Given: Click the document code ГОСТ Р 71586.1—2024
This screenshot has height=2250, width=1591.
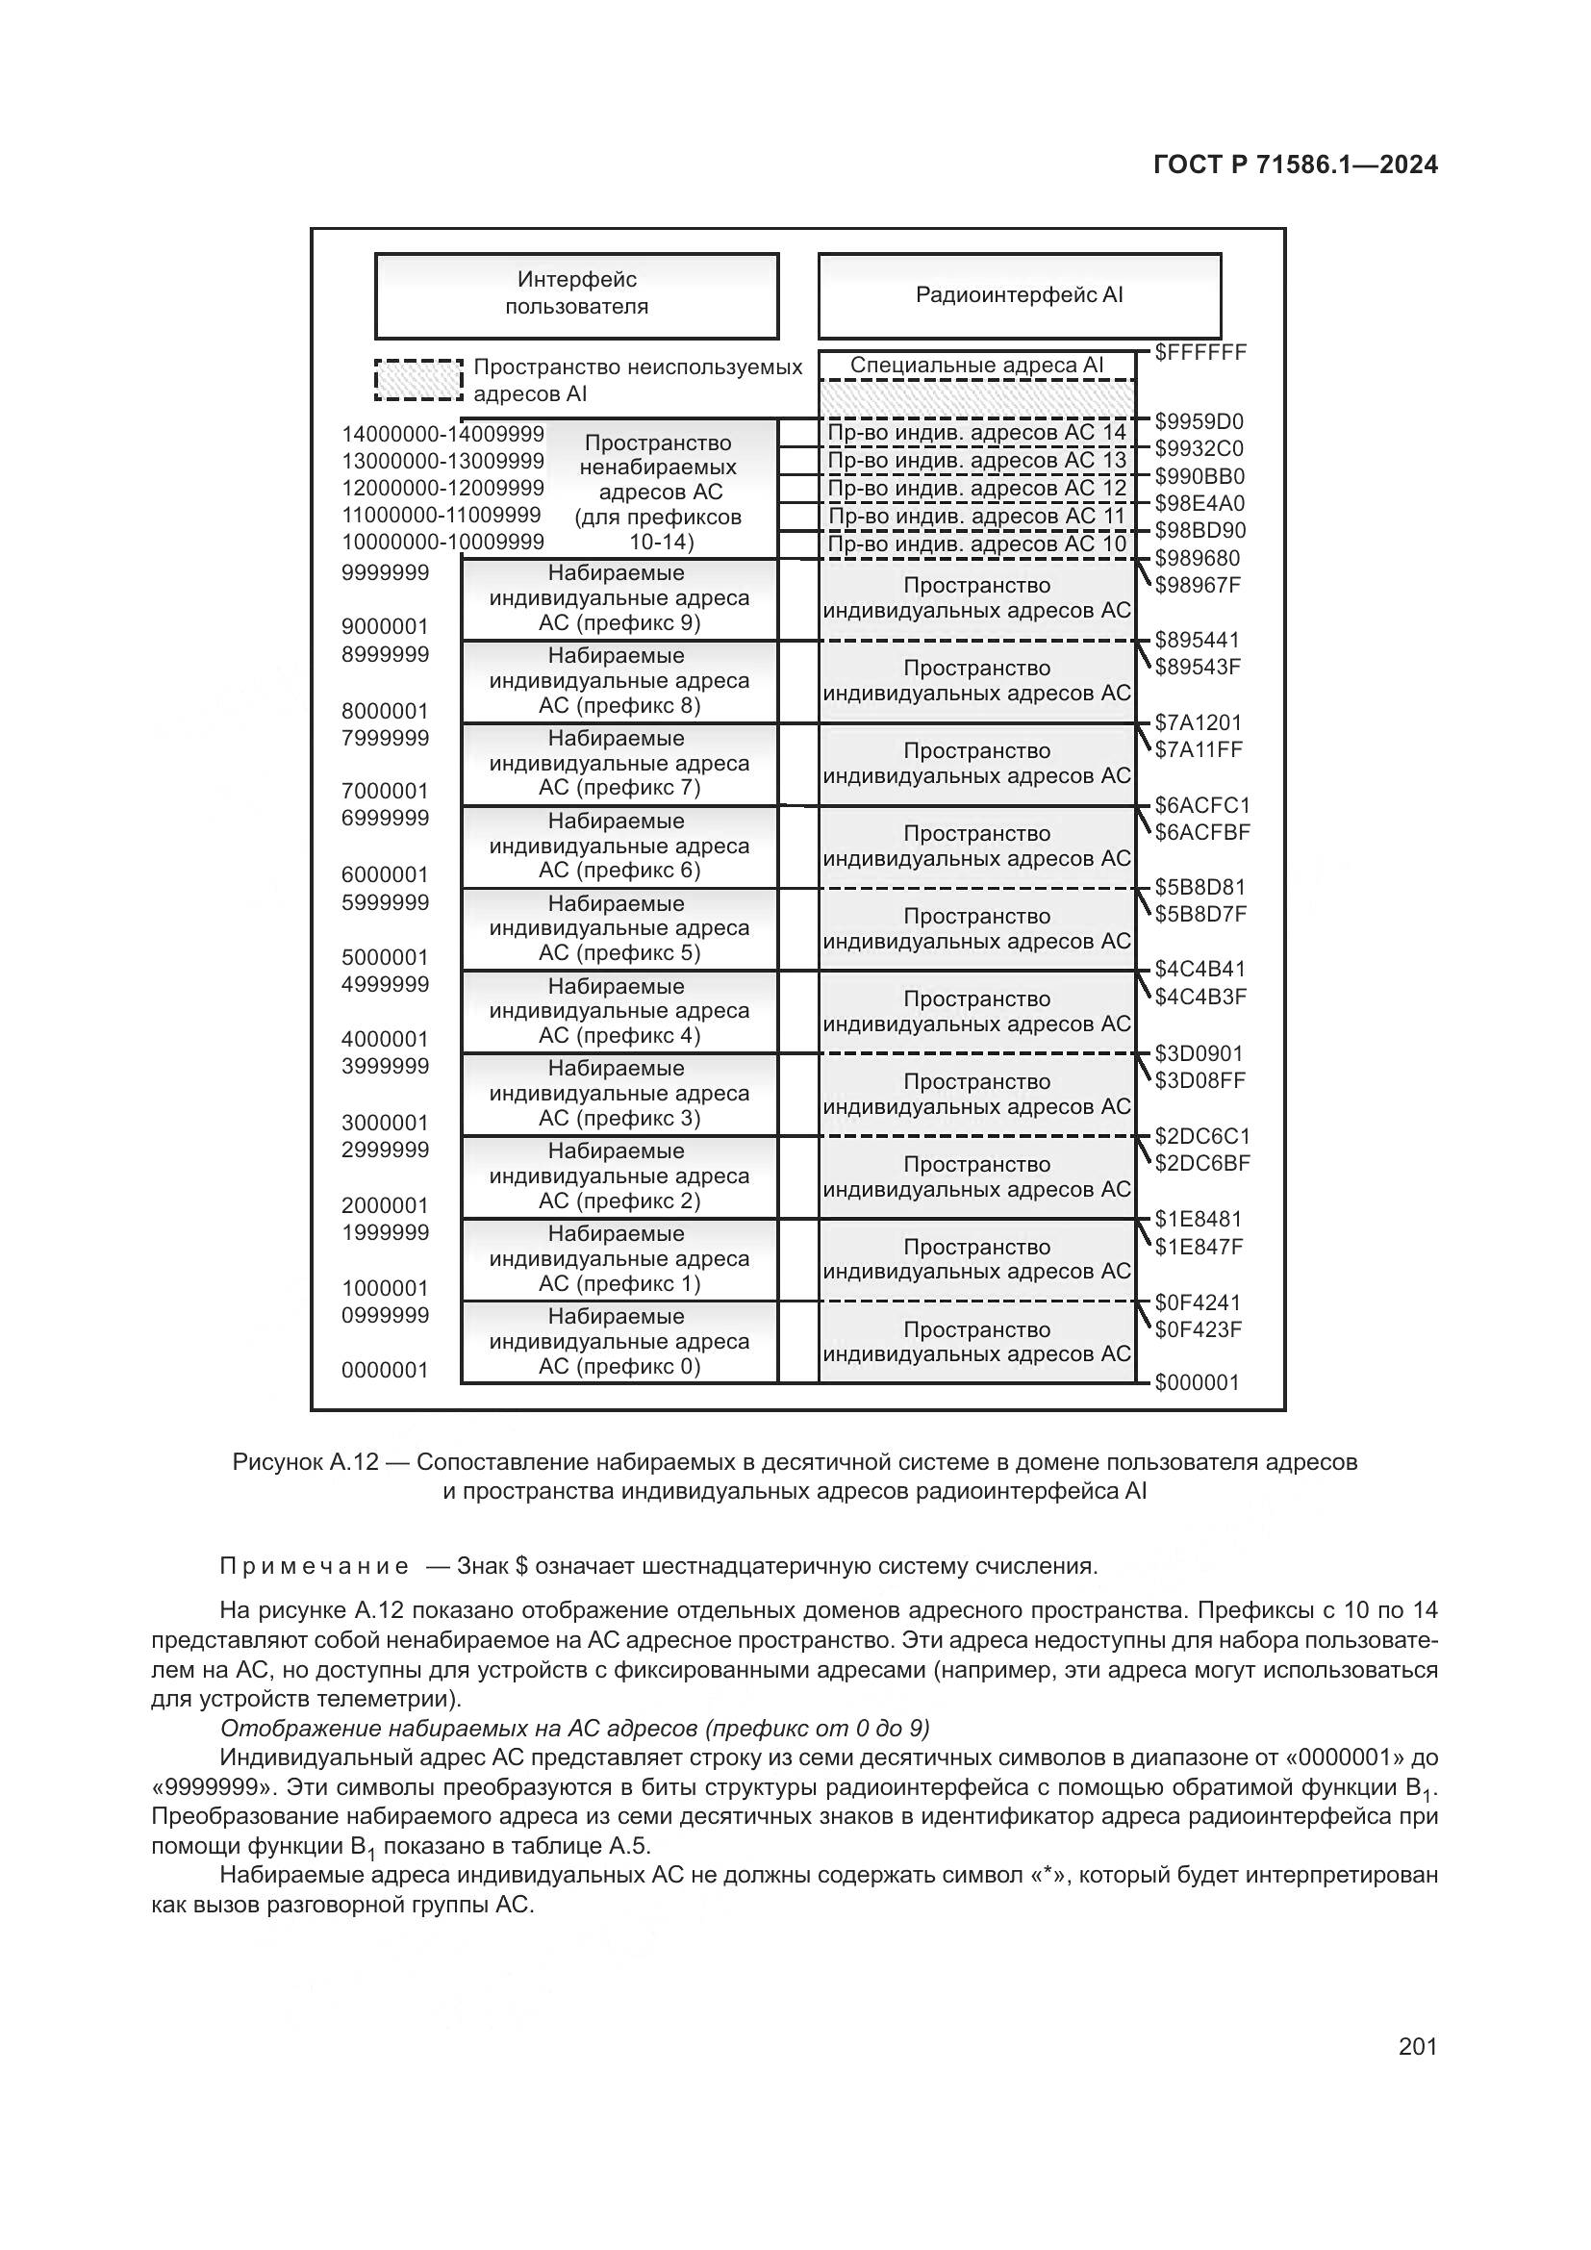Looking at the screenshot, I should click(1295, 164).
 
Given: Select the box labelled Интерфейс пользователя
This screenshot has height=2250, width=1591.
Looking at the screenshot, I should click(576, 294).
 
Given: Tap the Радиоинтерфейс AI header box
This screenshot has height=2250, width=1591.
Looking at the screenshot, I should click(1019, 295).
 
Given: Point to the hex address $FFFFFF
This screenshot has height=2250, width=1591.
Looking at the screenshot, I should click(1200, 352).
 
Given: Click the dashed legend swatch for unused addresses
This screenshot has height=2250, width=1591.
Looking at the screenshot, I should click(418, 380).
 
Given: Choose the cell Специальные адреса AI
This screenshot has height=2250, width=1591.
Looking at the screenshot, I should click(976, 366).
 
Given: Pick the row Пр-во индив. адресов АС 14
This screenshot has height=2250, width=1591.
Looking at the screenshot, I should click(976, 433).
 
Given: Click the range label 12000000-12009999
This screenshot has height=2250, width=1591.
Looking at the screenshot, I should click(442, 488).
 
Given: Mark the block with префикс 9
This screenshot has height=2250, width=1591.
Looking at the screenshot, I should click(619, 598).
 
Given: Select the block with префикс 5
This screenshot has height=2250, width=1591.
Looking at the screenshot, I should click(619, 929).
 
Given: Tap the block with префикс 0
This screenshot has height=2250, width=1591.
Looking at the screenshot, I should click(619, 1342).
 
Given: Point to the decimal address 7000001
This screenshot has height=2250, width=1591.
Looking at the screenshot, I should click(385, 791).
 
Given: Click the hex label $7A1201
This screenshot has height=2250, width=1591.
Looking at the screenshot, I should click(1199, 723).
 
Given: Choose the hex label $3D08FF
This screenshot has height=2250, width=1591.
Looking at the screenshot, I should click(1200, 1081).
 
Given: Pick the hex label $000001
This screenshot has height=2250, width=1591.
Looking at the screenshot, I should click(1198, 1382).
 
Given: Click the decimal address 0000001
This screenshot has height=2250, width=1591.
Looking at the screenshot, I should click(385, 1370).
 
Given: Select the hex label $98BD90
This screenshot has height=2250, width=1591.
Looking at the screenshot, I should click(1200, 531).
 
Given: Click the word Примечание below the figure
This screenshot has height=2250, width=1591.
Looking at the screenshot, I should click(315, 1566).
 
